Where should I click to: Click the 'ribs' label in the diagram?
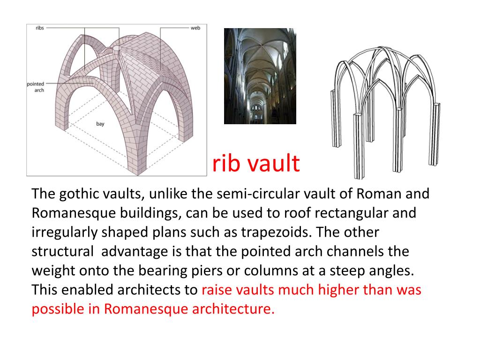pos(40,28)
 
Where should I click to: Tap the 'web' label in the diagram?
pos(195,28)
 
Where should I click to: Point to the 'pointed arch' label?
pos(36,87)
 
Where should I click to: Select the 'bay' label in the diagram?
pos(100,124)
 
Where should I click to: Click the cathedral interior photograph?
pos(260,76)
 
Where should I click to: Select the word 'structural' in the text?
pos(62,251)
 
